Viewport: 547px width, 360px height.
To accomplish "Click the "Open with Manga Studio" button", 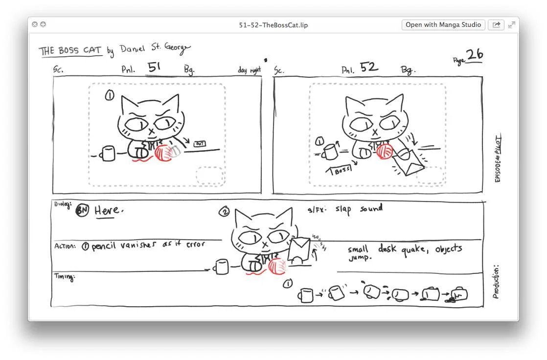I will coord(443,25).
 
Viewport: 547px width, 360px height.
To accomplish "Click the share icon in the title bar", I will coord(496,25).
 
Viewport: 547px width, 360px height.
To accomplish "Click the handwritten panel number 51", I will coord(155,68).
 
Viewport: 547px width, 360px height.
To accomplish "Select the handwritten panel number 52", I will coord(369,67).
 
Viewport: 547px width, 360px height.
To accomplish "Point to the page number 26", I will coord(474,55).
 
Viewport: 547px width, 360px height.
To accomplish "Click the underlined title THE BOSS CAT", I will coord(70,51).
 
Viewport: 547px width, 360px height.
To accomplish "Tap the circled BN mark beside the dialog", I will coord(83,211).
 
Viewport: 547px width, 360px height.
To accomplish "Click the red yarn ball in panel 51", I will coord(163,152).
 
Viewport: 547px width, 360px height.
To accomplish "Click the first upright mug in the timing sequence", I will coord(305,295).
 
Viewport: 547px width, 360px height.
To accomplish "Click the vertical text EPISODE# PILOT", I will coord(498,159).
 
